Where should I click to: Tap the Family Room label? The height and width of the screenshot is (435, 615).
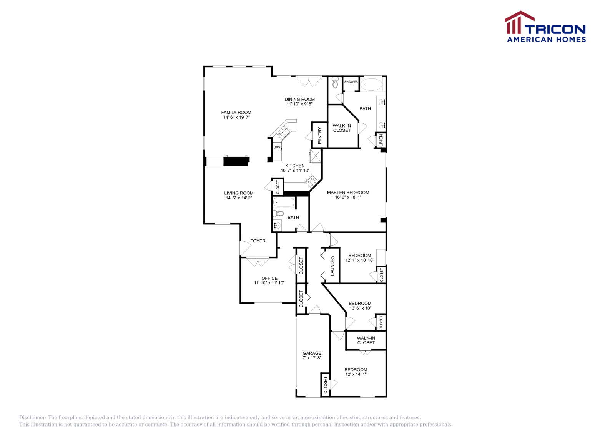point(236,113)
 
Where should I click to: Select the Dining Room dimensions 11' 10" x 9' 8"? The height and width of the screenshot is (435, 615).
point(299,104)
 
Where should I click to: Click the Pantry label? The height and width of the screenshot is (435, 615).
point(319,135)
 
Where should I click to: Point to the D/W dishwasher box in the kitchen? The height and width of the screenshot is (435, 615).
point(277,147)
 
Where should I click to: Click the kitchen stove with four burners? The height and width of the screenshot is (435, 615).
point(311,181)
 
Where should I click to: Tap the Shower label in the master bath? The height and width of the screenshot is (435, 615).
point(351,82)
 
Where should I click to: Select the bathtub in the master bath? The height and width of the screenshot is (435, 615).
point(371,85)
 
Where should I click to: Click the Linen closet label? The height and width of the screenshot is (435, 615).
point(381,140)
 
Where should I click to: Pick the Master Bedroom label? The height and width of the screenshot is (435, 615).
point(348,193)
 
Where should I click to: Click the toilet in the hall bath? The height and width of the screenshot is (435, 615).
point(279,213)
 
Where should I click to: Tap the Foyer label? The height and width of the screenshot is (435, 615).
point(258,241)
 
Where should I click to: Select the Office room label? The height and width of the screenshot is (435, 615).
point(269,278)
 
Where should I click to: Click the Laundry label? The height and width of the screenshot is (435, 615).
point(332,266)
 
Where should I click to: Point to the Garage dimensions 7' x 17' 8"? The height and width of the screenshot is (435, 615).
point(312,358)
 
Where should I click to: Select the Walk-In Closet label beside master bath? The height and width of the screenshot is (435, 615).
point(342,128)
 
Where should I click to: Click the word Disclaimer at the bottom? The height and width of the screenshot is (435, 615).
point(33,418)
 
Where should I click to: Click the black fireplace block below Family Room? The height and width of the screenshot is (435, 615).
point(236,161)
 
